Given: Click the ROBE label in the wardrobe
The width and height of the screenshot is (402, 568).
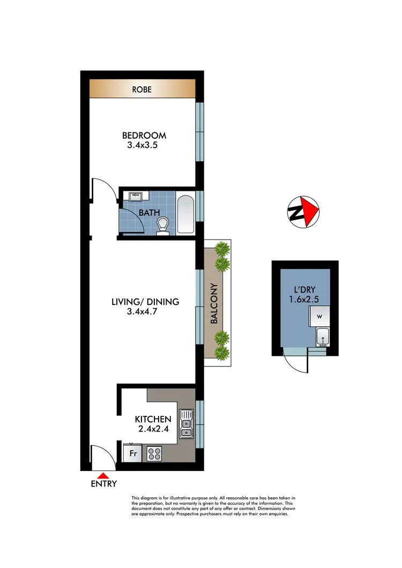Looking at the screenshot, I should point(142,89).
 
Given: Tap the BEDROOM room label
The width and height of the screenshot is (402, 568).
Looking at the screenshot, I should point(144,136).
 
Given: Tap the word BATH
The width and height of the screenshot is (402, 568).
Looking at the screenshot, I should point(149,213).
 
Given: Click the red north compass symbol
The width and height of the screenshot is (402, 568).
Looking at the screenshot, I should point(308,209).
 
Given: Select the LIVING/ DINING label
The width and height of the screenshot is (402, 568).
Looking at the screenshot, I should point(145,302).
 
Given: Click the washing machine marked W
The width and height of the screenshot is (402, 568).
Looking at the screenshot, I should point(319,317).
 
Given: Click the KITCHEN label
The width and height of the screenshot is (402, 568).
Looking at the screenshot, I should point(153,419).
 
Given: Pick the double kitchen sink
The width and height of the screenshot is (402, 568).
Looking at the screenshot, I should point(185,423).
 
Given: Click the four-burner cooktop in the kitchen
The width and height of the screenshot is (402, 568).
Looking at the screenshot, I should point(155,454).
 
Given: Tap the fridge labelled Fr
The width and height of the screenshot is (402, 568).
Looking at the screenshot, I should point(132,453).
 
